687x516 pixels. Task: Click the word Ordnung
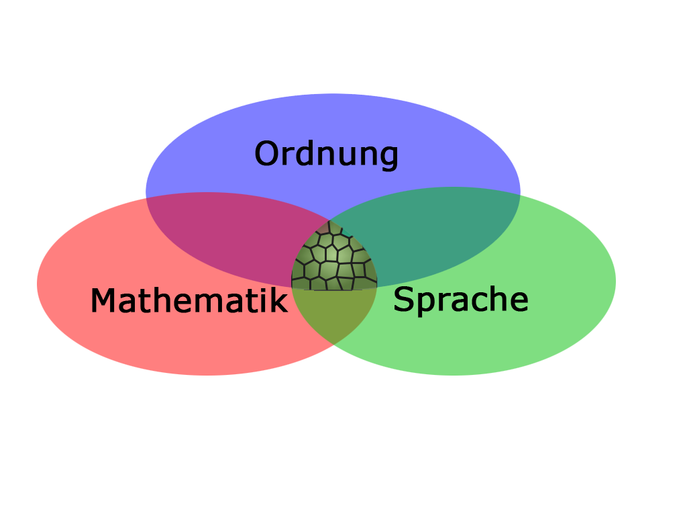click(327, 154)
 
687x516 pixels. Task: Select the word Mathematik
click(189, 301)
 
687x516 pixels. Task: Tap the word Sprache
click(460, 300)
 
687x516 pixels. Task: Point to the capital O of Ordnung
click(268, 154)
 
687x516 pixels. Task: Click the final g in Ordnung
click(388, 157)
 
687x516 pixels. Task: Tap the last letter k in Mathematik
click(279, 300)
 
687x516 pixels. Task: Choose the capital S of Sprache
click(403, 300)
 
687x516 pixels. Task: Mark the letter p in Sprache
click(425, 303)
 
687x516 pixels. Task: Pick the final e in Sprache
click(519, 302)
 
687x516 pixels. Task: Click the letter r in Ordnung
click(288, 156)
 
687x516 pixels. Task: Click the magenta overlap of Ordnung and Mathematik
click(221, 232)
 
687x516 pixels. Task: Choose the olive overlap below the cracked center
click(334, 312)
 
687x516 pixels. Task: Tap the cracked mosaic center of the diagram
click(334, 259)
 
